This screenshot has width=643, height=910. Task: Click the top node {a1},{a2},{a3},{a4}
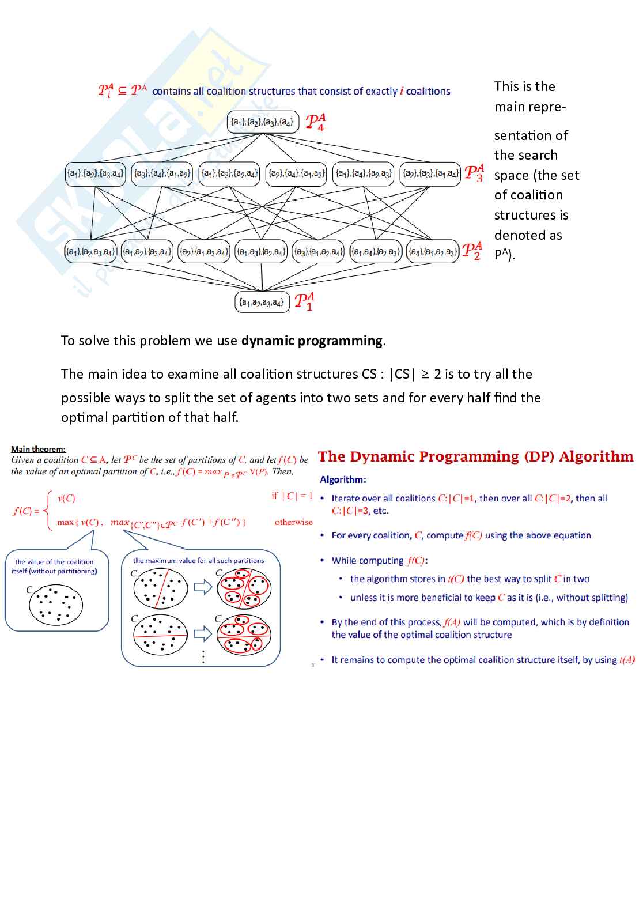coord(262,122)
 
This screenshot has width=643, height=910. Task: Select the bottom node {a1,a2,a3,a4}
coord(262,302)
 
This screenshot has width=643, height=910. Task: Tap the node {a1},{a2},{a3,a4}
coord(95,173)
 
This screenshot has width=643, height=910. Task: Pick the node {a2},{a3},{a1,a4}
coord(430,173)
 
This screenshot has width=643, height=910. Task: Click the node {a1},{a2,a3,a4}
coord(90,252)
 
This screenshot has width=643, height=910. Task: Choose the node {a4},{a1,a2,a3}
coord(433,252)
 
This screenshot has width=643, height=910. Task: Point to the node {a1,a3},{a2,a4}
coord(261,252)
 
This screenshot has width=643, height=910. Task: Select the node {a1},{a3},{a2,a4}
coord(229,173)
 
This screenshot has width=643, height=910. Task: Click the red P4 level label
coord(315,123)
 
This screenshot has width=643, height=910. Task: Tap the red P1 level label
coord(304,301)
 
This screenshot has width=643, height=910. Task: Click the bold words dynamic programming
coord(312,341)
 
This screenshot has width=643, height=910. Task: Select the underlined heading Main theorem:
coord(38,449)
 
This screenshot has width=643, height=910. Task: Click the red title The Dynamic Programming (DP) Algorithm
coord(475,456)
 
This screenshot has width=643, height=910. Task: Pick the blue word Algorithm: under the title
coord(343,479)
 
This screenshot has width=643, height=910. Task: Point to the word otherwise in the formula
coord(293,522)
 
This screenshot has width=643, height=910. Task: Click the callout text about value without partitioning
coord(54,567)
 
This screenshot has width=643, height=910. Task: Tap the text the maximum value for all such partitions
coord(198,560)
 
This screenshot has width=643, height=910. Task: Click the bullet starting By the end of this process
coord(480,628)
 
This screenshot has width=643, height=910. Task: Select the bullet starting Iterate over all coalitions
coord(469,504)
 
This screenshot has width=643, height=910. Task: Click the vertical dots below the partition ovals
coord(203,657)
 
